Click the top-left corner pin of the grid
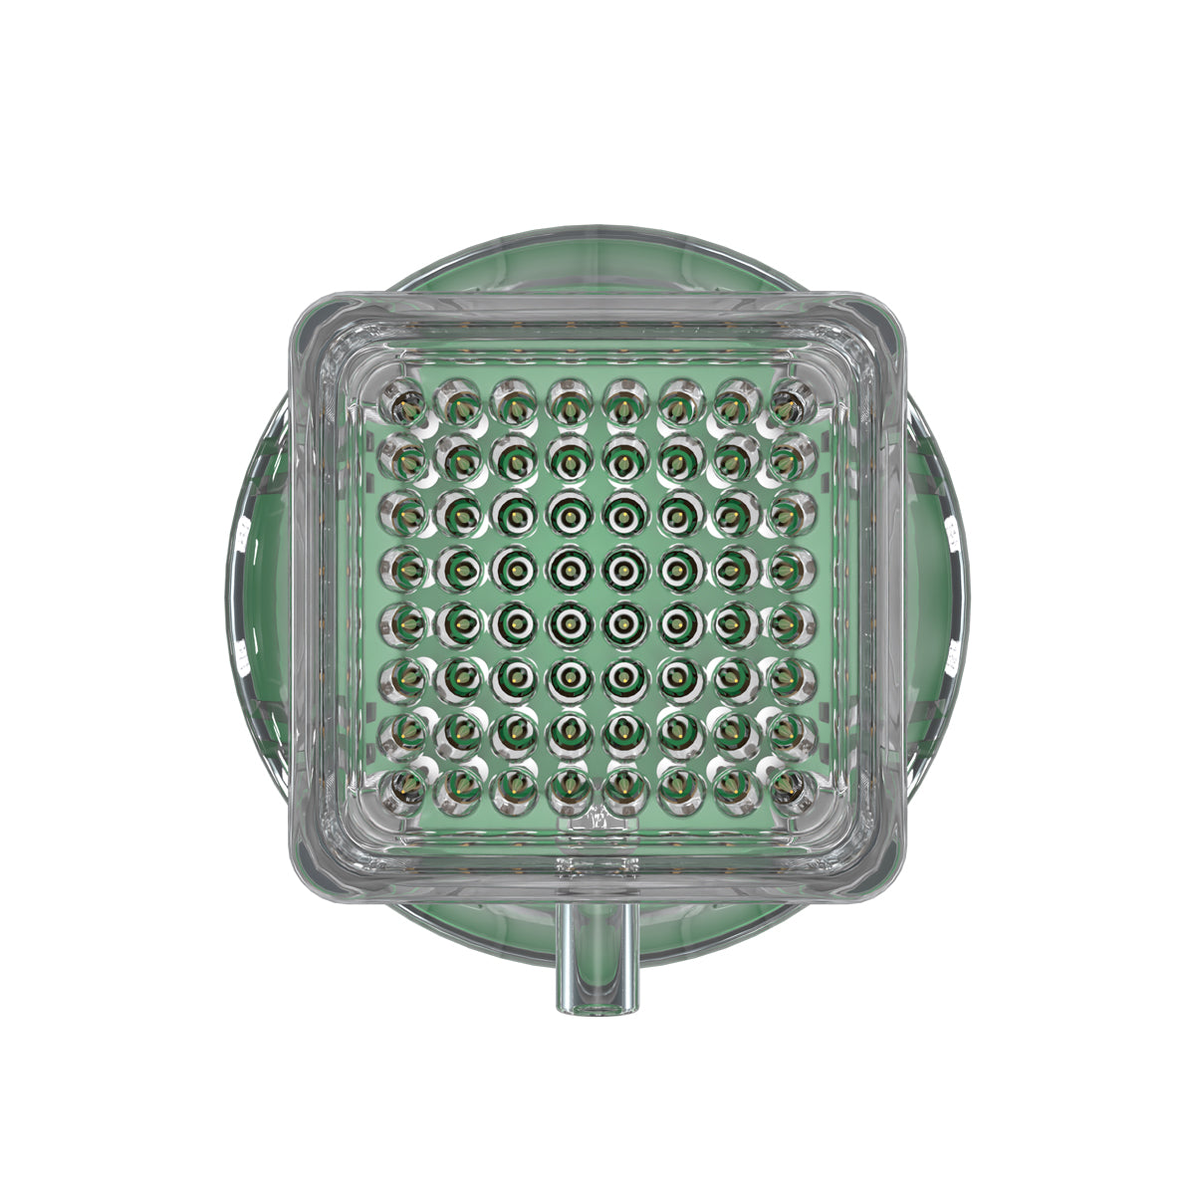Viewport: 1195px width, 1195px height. click(406, 402)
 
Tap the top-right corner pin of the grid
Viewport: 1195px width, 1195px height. click(790, 402)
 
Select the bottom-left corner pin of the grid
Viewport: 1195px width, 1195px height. click(406, 787)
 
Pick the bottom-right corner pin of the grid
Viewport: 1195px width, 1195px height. click(790, 787)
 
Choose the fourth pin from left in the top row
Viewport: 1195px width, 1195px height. click(570, 402)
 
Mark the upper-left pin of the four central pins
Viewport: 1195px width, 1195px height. click(570, 569)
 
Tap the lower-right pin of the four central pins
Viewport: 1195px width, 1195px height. click(624, 623)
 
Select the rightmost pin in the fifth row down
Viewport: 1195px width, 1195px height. click(790, 623)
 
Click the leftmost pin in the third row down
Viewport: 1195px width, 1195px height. click(406, 514)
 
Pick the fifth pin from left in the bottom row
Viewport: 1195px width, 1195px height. click(624, 787)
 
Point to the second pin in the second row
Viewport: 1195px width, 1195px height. click(461, 459)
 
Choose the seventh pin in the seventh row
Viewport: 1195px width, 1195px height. click(734, 732)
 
